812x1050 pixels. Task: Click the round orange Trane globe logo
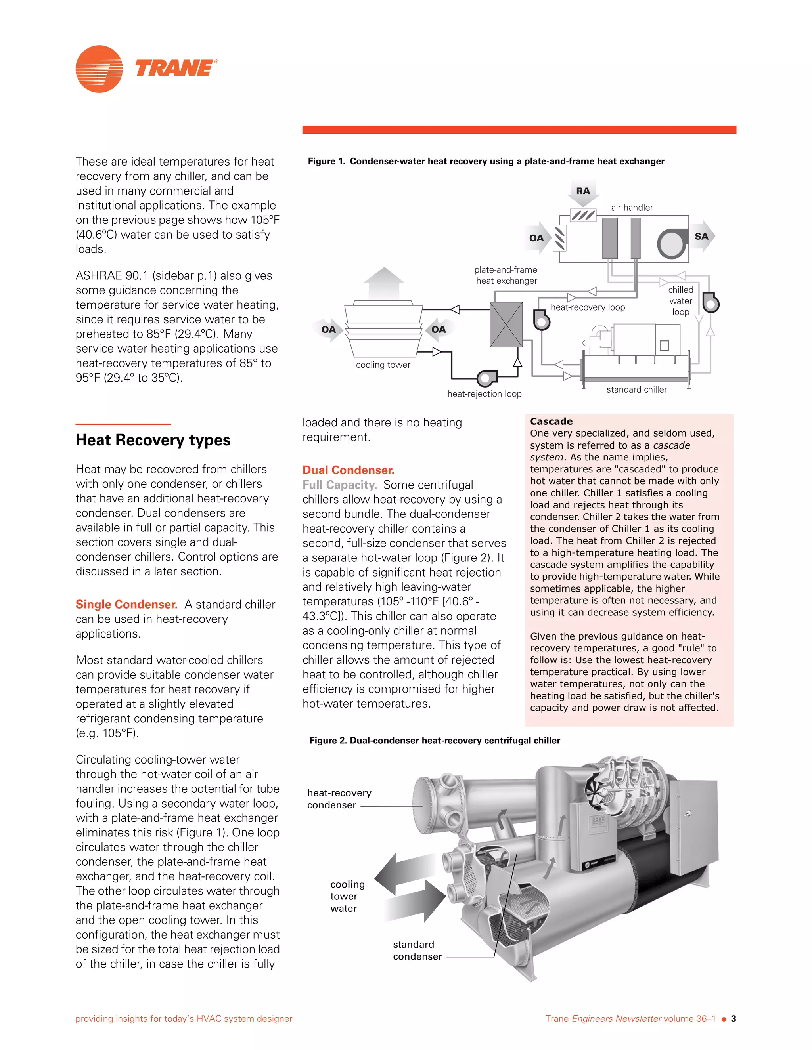point(99,69)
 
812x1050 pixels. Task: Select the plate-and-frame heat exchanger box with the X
point(506,325)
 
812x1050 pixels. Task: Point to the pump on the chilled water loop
point(710,302)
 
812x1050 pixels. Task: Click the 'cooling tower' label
point(383,365)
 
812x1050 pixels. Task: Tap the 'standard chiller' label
point(636,389)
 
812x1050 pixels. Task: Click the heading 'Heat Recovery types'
point(153,440)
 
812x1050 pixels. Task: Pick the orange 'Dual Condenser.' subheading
point(348,470)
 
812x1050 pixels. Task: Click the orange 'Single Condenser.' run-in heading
point(126,604)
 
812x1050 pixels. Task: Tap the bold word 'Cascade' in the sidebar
point(551,421)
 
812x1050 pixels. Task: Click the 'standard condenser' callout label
point(417,950)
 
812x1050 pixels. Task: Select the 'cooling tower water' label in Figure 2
point(347,896)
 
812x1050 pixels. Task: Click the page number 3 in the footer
point(733,1018)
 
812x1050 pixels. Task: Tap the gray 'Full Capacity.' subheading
point(339,485)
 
